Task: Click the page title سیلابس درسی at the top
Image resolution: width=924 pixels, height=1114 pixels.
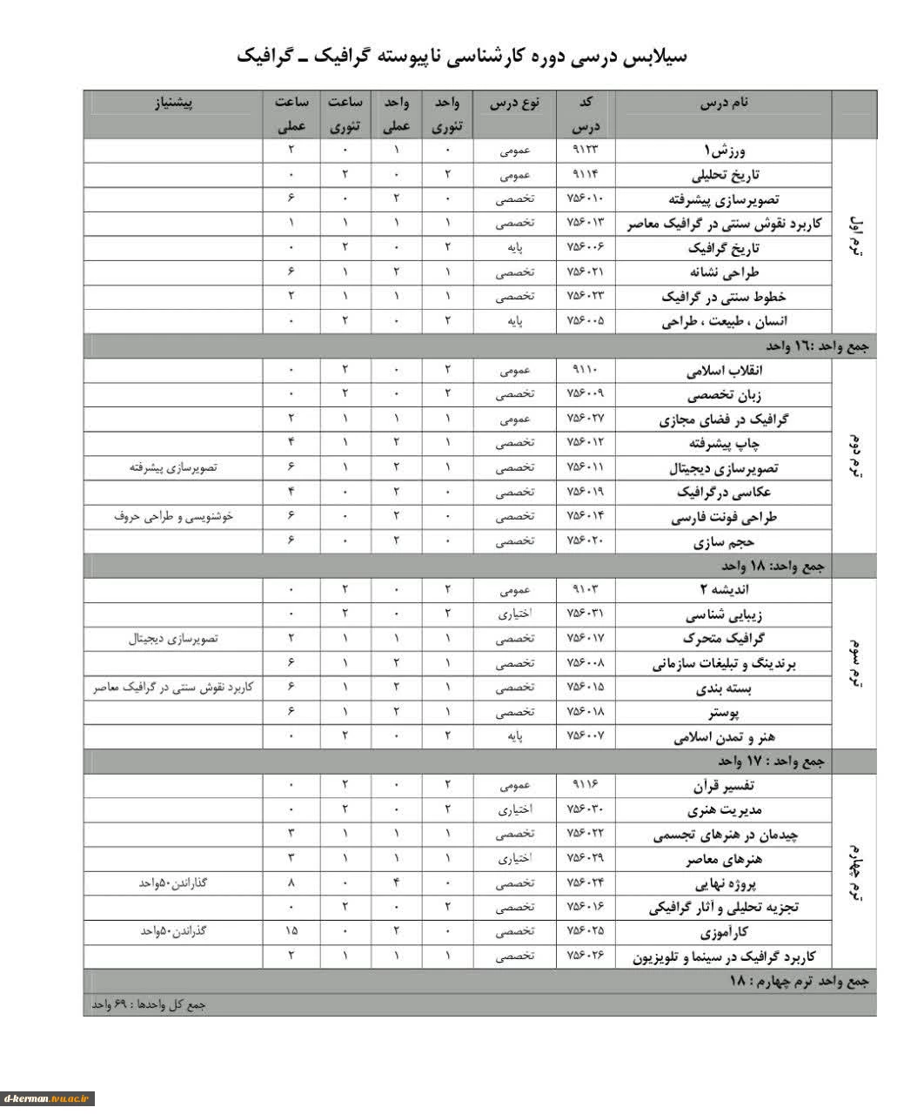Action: pos(462,57)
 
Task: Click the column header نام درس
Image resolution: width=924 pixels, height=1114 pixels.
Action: pos(724,103)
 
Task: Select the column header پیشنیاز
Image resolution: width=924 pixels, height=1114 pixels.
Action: pos(173,103)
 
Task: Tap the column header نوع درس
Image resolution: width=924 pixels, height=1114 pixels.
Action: pos(514,103)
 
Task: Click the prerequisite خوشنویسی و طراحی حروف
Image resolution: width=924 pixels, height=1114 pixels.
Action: pos(173,516)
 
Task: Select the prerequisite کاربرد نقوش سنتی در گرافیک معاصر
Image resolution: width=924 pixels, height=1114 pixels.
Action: pos(173,688)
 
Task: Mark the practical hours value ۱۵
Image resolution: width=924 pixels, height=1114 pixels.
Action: pos(291,931)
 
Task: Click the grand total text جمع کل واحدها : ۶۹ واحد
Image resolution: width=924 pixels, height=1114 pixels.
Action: pos(149,1004)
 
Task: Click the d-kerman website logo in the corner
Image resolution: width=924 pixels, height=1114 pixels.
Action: pos(48,1098)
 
